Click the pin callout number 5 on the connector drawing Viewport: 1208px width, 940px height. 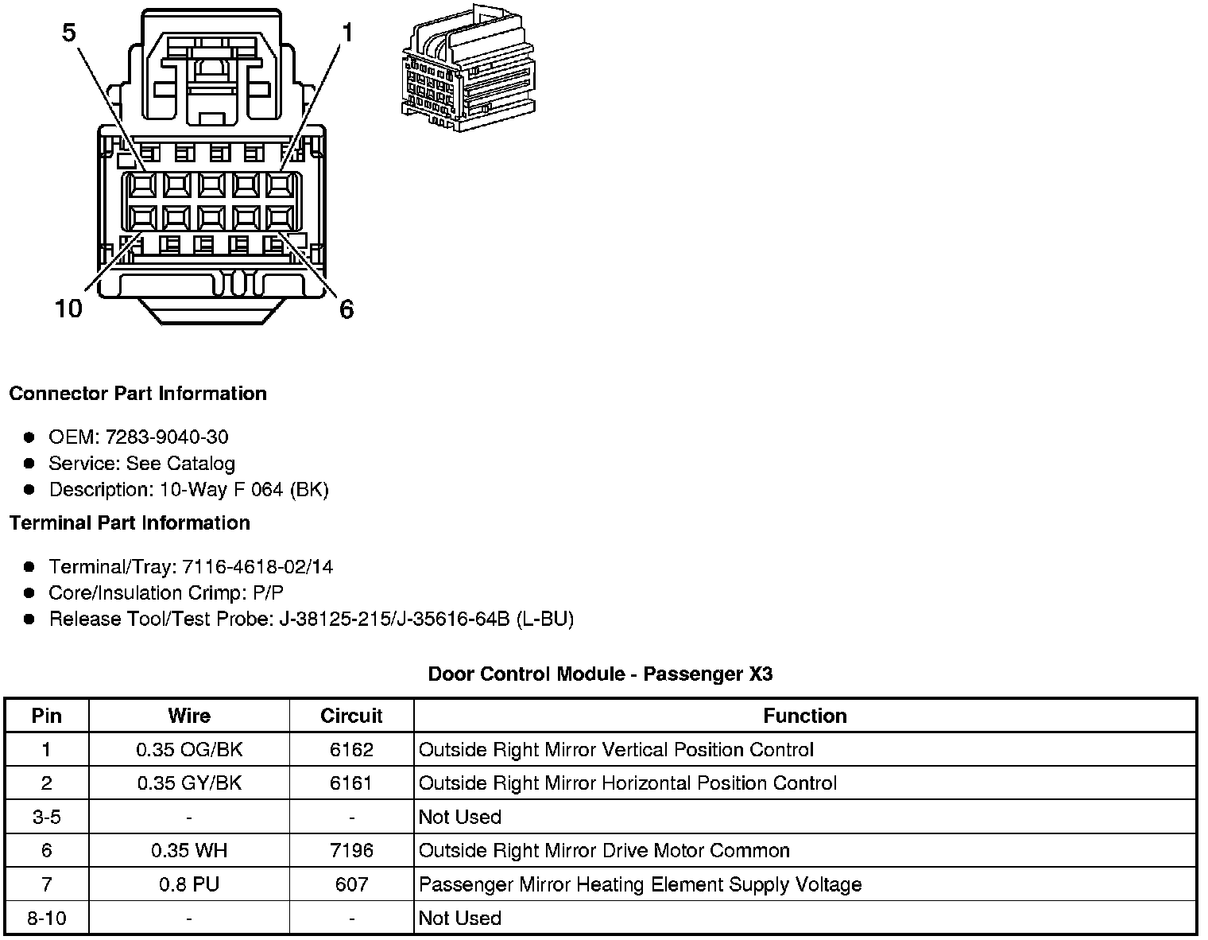(69, 33)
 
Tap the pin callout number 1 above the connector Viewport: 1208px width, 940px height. (347, 33)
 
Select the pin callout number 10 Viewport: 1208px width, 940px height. (68, 309)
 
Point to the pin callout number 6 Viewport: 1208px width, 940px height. (347, 309)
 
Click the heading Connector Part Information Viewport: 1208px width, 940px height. (137, 394)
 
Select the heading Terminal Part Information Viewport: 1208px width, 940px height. (130, 522)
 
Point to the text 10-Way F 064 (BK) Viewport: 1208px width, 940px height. (244, 489)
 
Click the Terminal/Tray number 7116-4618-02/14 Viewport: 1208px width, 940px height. (257, 566)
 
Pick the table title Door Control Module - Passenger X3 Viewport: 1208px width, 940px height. (600, 674)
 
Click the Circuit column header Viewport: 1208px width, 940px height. (351, 716)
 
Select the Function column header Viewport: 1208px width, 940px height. (805, 716)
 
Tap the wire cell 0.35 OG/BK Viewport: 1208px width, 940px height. (189, 750)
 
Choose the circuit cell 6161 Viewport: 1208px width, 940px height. (351, 783)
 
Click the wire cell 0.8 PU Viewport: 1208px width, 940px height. (189, 884)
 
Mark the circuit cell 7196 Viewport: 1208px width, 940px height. (351, 851)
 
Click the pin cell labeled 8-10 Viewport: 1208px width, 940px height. (47, 918)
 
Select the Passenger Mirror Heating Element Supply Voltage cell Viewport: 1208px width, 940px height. (640, 884)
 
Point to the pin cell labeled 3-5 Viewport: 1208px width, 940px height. (47, 817)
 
